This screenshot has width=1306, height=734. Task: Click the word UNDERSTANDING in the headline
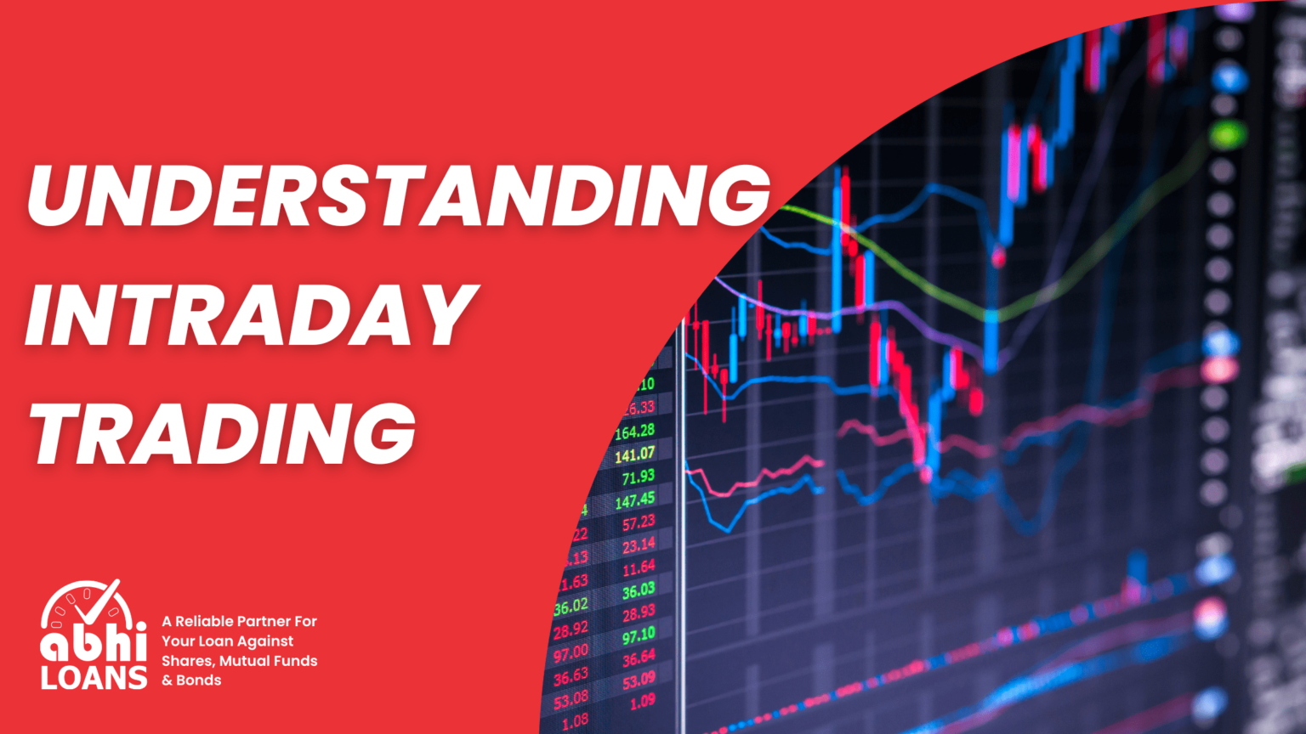coord(398,195)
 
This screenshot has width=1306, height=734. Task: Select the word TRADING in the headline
coord(223,433)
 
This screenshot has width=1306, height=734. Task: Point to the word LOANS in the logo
coord(94,678)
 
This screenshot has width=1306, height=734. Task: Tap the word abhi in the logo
coord(94,644)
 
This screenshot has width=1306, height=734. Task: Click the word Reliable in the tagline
coord(208,621)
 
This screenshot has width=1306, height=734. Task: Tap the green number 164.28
coord(634,432)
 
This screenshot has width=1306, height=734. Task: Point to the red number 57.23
coord(638,522)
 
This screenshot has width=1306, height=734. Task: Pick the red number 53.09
coord(638,680)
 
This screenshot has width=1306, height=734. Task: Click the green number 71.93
coord(638,477)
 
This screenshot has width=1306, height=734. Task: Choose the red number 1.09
coord(642,703)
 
